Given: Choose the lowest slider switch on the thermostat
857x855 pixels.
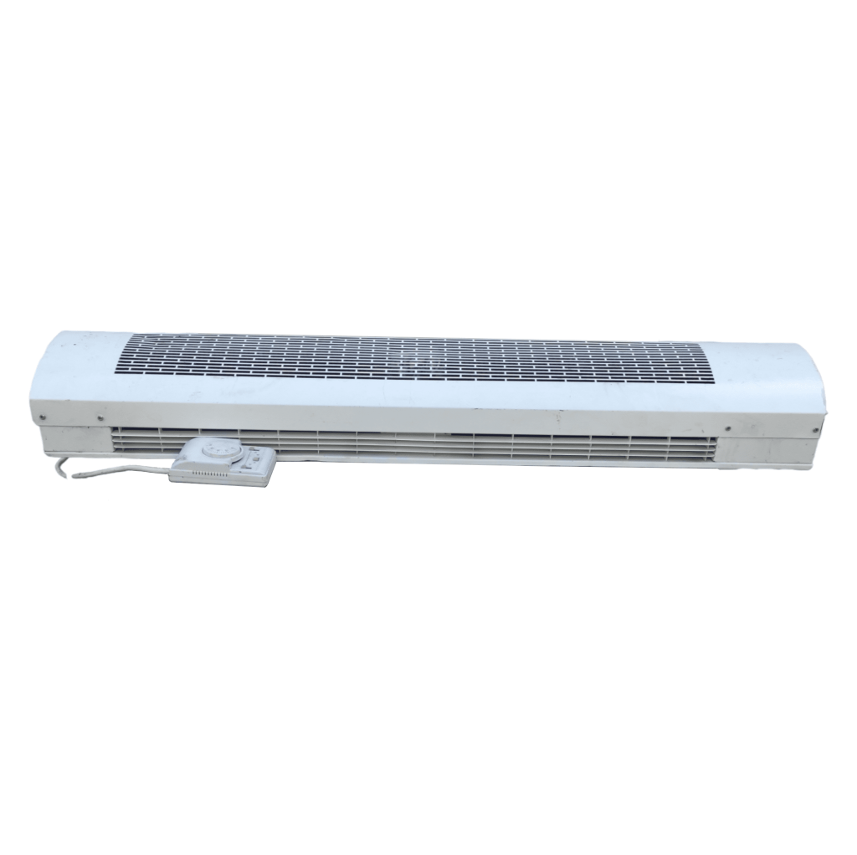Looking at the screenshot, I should tap(251, 468).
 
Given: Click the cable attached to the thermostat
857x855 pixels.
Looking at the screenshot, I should tap(126, 471).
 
